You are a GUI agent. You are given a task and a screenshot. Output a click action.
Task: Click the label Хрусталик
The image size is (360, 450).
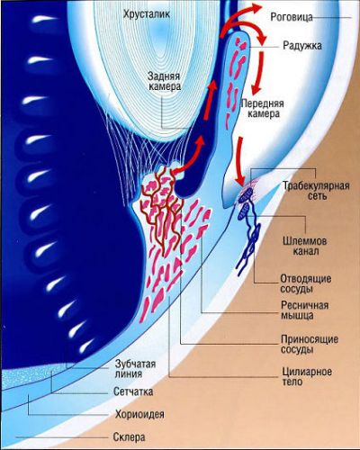(146, 14)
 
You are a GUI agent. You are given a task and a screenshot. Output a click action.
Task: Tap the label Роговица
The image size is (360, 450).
(292, 17)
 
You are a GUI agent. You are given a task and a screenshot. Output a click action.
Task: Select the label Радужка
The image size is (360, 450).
(302, 45)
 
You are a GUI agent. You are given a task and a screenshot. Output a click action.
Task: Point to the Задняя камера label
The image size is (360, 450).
(165, 81)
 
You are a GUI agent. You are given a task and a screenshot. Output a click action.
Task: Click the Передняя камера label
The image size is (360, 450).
(263, 109)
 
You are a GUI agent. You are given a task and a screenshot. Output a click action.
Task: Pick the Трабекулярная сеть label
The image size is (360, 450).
(316, 191)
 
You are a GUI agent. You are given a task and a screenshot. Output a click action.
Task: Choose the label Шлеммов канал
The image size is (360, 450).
(305, 246)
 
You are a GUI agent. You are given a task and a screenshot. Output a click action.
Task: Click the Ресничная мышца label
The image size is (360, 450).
(304, 310)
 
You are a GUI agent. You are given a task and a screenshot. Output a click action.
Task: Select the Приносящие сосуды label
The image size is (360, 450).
(310, 345)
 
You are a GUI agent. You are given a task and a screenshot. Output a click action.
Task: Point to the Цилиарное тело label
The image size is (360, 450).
(307, 377)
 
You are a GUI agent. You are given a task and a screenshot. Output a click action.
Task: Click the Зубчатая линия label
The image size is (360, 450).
(136, 369)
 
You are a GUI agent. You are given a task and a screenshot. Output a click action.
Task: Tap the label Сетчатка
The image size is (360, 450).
(133, 391)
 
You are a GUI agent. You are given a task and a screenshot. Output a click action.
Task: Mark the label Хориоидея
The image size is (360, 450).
(139, 414)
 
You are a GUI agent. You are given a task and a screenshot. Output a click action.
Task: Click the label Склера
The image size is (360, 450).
(130, 437)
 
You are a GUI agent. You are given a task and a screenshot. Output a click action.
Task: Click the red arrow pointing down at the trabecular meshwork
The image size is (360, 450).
(240, 161)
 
